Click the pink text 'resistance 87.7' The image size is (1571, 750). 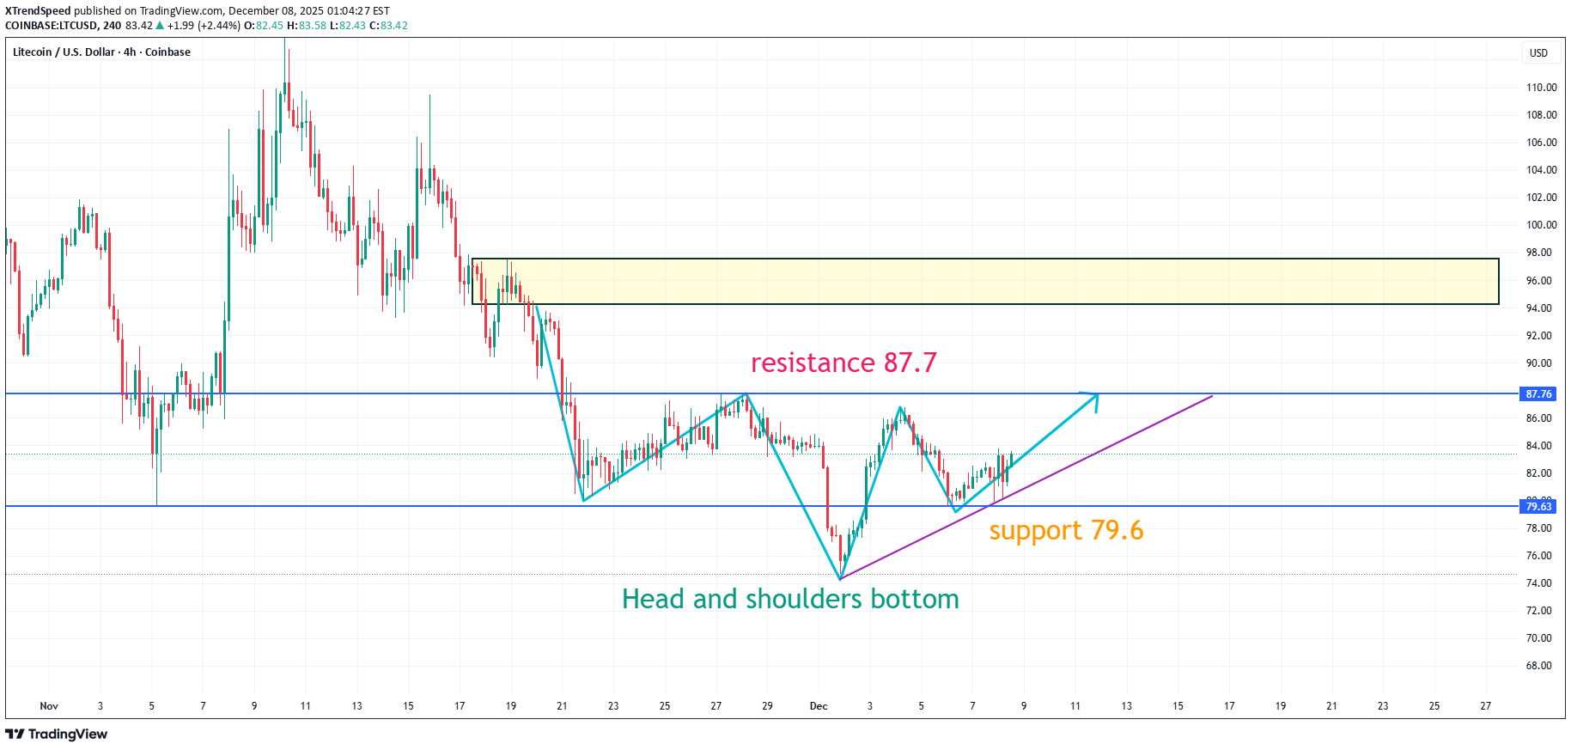843,363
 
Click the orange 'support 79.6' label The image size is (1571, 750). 1066,531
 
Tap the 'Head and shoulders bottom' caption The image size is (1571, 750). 790,599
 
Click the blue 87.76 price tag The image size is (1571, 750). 1538,394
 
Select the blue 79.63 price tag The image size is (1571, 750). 1538,507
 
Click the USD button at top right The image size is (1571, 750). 1538,53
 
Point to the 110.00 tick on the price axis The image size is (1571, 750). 1541,88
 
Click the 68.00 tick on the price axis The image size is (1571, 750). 1538,666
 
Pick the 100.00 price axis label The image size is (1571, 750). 1541,225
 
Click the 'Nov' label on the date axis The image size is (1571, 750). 49,706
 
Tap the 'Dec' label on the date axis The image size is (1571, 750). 819,706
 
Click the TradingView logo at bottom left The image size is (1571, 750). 57,735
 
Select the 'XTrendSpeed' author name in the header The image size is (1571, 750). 38,11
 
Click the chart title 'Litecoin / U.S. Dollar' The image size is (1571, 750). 64,52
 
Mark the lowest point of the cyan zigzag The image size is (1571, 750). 840,579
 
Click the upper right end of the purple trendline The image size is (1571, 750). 1211,396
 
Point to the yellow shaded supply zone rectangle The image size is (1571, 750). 984,281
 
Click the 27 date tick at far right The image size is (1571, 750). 1485,706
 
